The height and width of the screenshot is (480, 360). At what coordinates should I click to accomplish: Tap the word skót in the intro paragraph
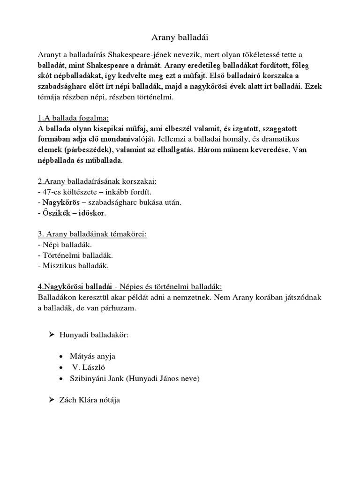(x=45, y=75)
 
